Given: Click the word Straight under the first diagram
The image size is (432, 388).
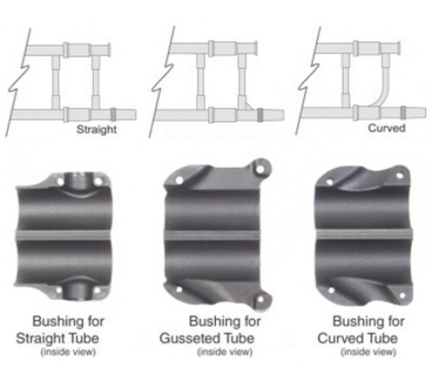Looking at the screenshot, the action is click(97, 130).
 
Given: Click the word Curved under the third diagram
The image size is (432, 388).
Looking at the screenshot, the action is click(387, 128).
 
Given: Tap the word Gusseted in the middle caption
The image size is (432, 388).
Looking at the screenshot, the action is click(188, 338).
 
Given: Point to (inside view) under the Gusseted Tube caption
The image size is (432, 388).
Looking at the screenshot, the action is click(225, 352).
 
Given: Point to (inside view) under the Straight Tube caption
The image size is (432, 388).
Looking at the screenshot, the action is click(68, 352).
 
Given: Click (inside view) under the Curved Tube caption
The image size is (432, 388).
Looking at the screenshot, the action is click(368, 352).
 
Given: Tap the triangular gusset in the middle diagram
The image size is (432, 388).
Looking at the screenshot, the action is click(248, 106).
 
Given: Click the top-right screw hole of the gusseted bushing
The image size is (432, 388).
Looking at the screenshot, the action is click(260, 169).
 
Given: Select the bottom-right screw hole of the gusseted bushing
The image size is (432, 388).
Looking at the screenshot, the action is click(260, 299).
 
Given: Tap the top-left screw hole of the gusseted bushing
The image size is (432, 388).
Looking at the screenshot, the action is click(179, 180).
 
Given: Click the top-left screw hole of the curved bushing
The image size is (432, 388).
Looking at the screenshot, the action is click(330, 182).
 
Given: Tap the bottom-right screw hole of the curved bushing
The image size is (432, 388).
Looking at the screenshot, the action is click(402, 296).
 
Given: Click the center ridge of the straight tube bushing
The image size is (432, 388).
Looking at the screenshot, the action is click(63, 235).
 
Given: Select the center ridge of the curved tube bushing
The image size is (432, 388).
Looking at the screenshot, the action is click(365, 234).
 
